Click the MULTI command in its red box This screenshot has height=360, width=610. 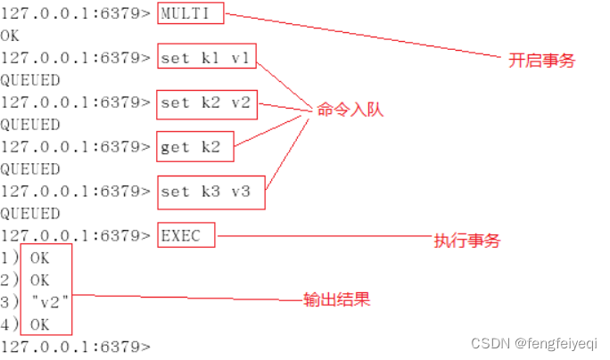coord(190,14)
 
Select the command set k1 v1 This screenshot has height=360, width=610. coord(208,59)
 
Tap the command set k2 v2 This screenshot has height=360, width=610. coord(208,103)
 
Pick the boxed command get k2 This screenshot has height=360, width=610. coord(190,147)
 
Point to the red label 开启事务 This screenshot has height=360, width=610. coord(541,61)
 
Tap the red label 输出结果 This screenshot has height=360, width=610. coord(338,300)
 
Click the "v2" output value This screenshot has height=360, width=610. coord(51,303)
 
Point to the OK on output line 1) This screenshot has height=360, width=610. coord(39,258)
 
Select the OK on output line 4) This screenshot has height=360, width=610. coord(39,325)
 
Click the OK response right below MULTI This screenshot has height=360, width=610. coord(10,37)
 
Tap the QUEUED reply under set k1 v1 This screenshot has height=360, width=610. coord(30,81)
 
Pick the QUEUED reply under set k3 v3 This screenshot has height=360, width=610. coord(30,214)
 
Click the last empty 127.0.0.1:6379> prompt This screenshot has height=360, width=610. coord(75,347)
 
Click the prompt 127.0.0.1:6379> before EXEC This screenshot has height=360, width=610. coord(75,236)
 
